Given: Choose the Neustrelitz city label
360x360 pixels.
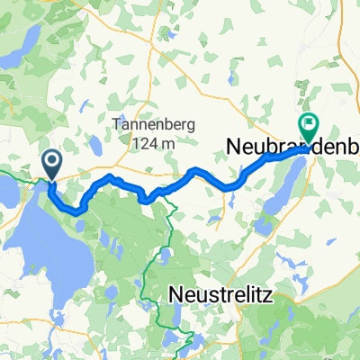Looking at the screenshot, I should tap(225, 294).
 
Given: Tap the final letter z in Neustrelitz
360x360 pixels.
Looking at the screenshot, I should tap(274, 294).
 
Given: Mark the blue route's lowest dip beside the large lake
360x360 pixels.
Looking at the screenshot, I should tap(78, 211).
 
